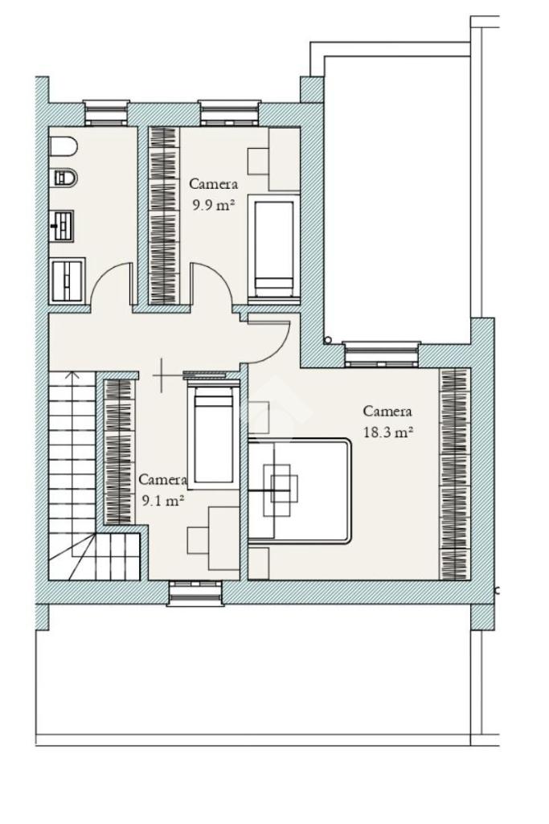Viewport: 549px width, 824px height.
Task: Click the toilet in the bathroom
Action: [x=64, y=146]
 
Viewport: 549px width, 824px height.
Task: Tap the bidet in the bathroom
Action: [x=66, y=178]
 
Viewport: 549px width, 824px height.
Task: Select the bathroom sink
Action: [x=62, y=226]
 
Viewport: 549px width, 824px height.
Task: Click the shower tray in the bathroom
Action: [x=68, y=280]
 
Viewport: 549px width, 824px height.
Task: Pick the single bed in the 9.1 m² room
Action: [x=213, y=434]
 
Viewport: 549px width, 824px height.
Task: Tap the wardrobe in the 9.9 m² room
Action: [x=164, y=215]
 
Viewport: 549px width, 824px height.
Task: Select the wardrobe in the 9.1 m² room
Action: [x=119, y=451]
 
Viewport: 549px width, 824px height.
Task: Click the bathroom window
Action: [x=106, y=113]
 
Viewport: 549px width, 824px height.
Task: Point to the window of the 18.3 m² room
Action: [x=382, y=354]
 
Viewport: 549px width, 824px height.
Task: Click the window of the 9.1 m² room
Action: [x=195, y=593]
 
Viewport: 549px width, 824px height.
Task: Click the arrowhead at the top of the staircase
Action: [x=72, y=374]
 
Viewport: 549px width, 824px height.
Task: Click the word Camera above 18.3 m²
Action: [x=387, y=411]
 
